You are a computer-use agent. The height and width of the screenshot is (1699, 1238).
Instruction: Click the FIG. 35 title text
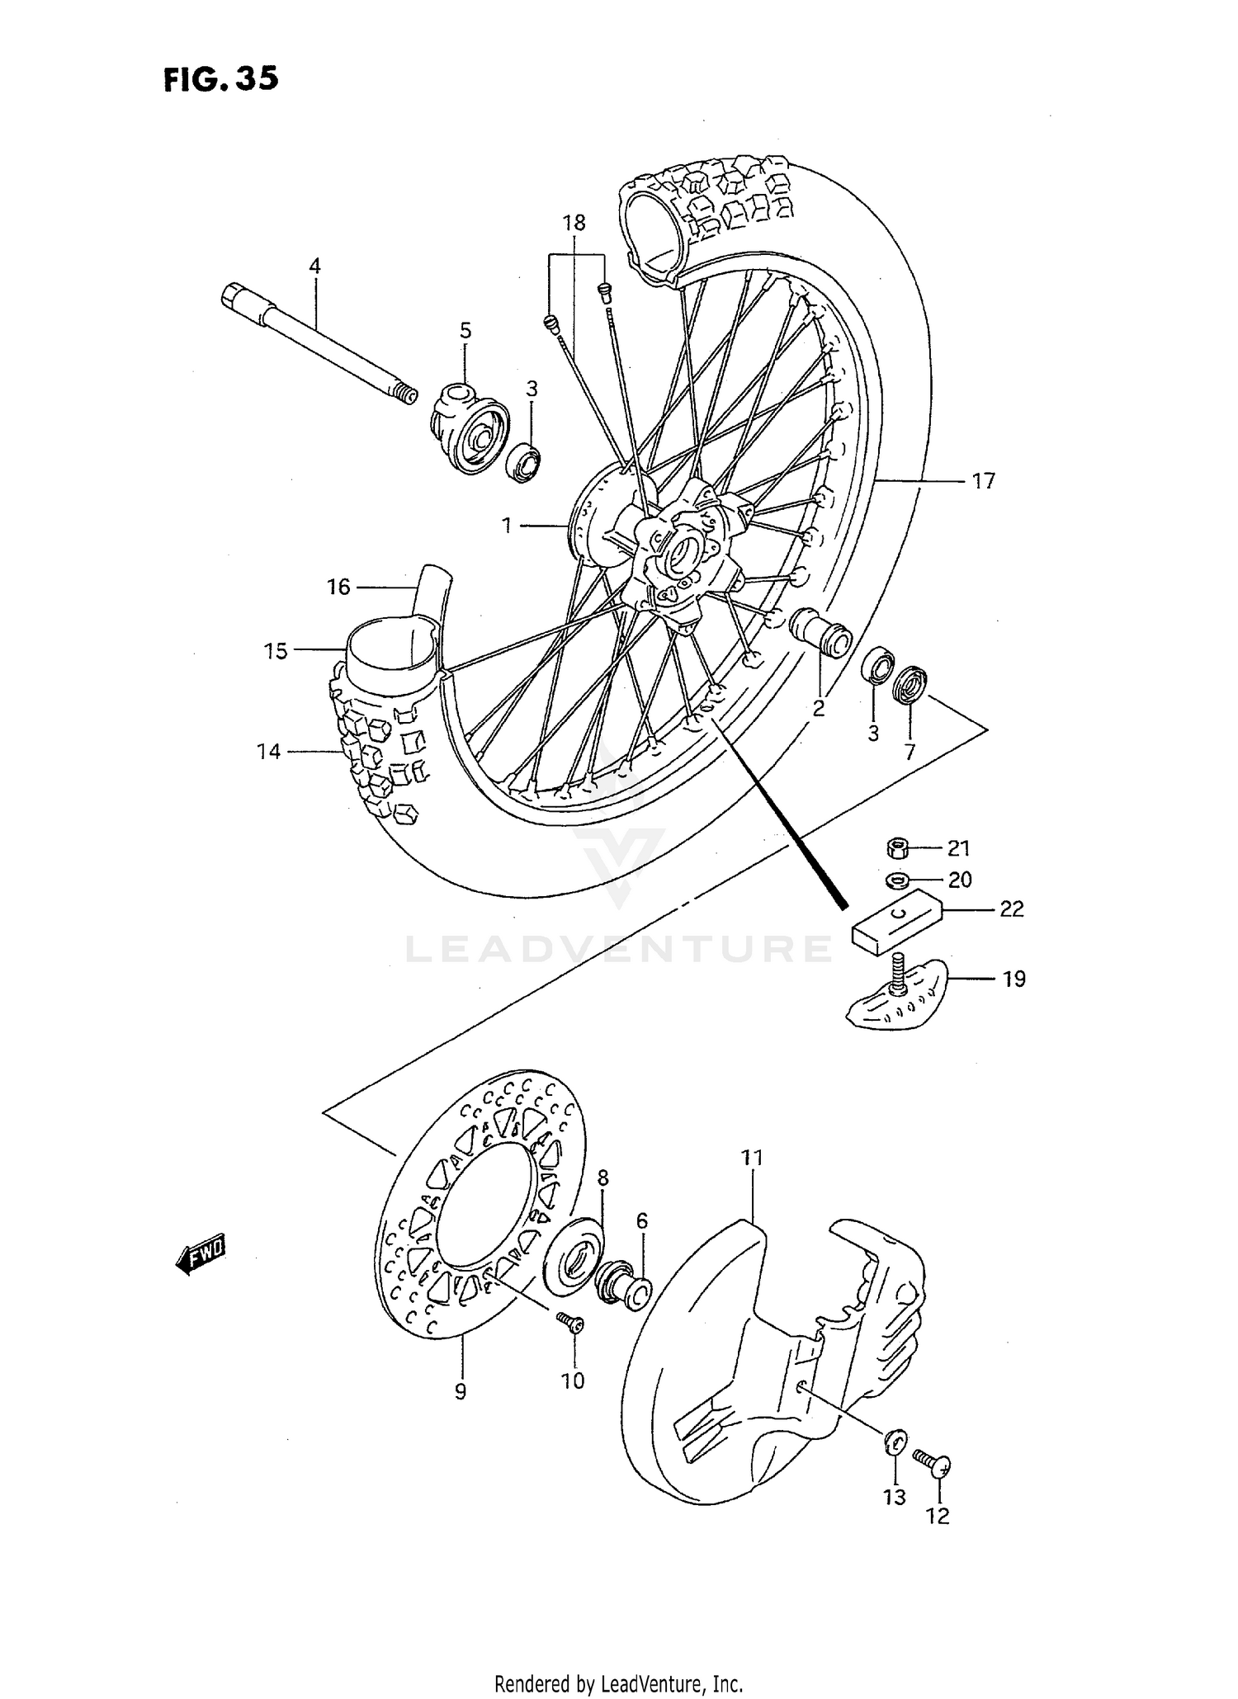220,79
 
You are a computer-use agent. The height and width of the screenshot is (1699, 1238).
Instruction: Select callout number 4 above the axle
314,267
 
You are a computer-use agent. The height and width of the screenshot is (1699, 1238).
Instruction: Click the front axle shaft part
322,342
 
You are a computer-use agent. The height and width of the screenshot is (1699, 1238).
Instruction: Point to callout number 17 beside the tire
983,480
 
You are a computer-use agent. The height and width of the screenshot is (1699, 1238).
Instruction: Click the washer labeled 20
895,880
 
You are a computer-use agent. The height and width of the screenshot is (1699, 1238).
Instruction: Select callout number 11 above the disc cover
751,1159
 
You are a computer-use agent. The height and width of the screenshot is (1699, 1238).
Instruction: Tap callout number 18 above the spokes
574,223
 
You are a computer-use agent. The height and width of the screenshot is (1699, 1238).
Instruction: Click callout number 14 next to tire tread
268,751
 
